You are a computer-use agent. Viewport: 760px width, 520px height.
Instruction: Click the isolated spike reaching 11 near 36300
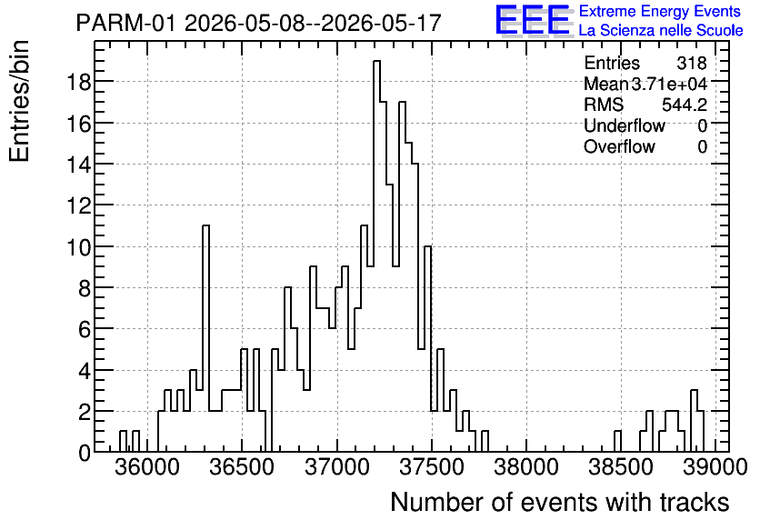click(x=206, y=338)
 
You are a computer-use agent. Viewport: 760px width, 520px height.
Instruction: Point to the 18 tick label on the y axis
click(x=78, y=82)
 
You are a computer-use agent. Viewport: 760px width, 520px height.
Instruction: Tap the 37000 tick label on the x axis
click(x=336, y=467)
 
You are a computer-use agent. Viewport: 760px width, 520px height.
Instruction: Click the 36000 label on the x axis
click(x=147, y=467)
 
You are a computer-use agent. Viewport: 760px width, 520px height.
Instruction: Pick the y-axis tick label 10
click(x=78, y=246)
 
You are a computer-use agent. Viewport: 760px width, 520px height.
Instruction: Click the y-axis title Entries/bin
click(x=19, y=101)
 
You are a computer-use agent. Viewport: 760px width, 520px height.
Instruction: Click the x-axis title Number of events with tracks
click(x=560, y=502)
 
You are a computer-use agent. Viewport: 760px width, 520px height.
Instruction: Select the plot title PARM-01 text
click(x=125, y=23)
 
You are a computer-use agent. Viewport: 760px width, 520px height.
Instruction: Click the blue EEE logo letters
click(x=532, y=20)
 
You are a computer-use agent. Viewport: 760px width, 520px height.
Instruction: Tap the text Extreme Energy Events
click(x=660, y=11)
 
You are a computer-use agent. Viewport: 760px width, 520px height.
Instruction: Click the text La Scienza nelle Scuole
click(x=661, y=30)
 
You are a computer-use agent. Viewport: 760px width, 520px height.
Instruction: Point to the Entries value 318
click(x=692, y=63)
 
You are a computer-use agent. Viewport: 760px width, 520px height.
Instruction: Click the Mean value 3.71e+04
click(x=669, y=84)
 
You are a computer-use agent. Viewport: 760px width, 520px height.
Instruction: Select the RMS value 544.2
click(x=685, y=105)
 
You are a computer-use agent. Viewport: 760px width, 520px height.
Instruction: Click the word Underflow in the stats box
click(x=625, y=125)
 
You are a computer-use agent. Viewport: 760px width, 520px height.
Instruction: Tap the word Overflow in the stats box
click(x=619, y=146)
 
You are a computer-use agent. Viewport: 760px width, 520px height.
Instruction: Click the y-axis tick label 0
click(x=85, y=453)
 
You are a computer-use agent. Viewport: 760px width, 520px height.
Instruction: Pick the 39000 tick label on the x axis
click(x=715, y=467)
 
